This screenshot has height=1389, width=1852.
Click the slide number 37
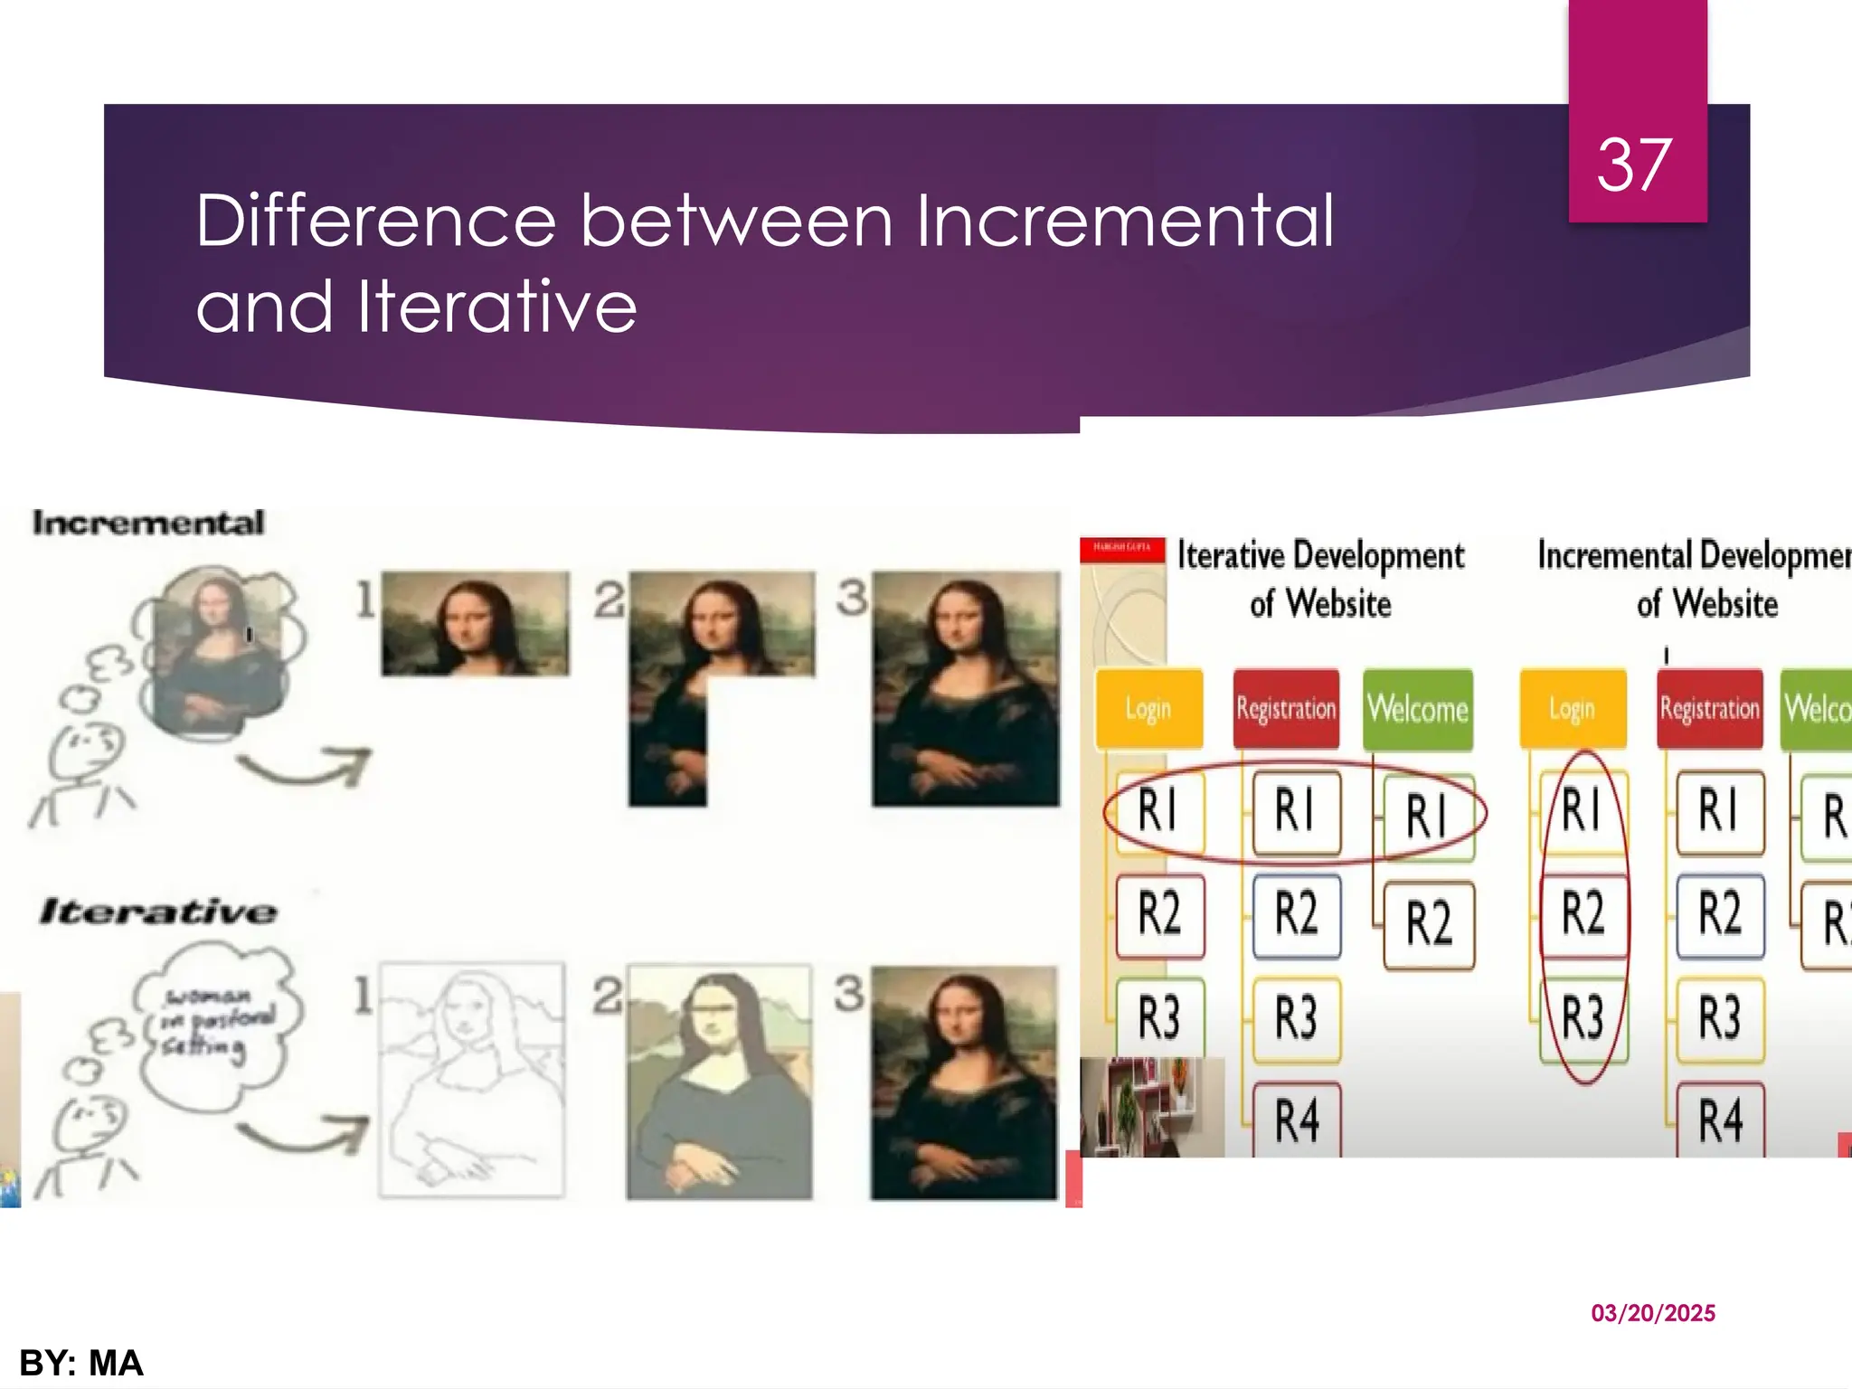click(1634, 165)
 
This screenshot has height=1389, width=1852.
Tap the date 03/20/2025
click(1653, 1313)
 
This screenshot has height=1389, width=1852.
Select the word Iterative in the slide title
click(496, 306)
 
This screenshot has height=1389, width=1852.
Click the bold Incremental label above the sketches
click(148, 522)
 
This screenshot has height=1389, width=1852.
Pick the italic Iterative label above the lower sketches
click(158, 911)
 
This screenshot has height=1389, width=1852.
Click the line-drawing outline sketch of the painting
click(471, 1081)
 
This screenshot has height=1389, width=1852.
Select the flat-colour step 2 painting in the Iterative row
click(719, 1082)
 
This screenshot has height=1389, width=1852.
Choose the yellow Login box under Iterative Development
click(1148, 709)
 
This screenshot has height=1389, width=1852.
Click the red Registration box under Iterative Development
click(1286, 709)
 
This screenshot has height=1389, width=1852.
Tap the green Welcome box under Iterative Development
click(1417, 709)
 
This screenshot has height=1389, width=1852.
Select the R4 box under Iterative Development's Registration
click(1297, 1120)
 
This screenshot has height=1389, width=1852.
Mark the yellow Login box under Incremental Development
click(1573, 709)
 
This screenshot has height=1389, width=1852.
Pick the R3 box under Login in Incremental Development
click(1583, 1017)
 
